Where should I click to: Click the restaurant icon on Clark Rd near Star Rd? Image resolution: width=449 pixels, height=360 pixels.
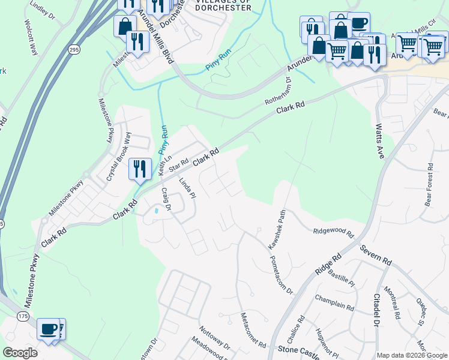[139, 169]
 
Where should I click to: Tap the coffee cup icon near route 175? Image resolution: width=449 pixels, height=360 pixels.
[48, 329]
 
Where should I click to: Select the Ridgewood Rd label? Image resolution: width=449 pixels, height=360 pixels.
[334, 232]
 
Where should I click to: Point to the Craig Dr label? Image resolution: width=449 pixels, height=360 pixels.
[166, 200]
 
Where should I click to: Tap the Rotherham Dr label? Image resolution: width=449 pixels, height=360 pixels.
[278, 92]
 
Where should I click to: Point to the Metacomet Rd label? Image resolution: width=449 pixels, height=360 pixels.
[253, 330]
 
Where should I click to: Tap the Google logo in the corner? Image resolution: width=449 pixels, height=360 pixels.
[20, 353]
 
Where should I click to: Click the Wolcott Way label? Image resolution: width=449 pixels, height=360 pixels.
[32, 40]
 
